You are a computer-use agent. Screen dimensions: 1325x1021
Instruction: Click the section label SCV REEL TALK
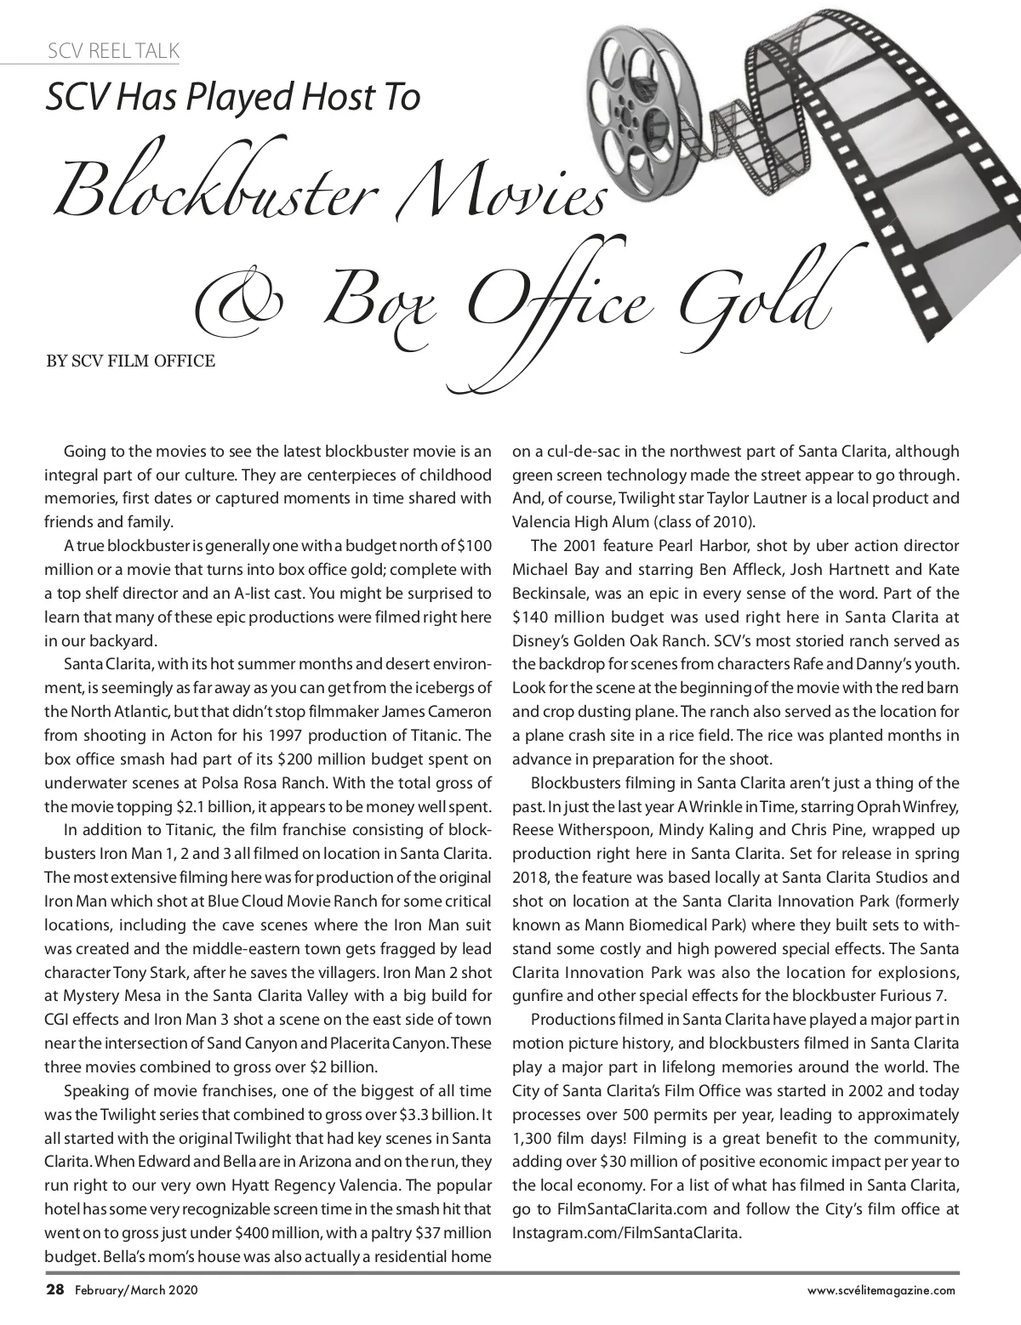tap(113, 50)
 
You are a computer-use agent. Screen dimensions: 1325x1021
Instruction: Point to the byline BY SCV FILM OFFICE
tap(130, 361)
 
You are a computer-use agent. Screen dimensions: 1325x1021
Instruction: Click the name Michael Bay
tap(550, 569)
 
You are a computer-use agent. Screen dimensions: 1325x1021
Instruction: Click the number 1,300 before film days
tap(533, 1138)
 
